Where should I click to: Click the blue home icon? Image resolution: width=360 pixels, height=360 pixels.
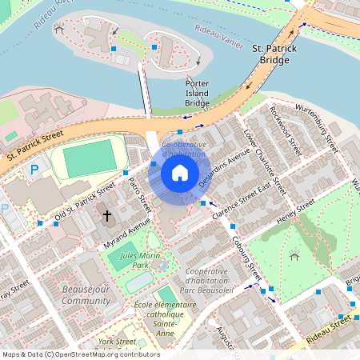click(x=180, y=173)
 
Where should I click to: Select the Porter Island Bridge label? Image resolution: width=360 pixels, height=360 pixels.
click(x=197, y=93)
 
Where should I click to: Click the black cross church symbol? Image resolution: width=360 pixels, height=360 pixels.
click(x=106, y=216)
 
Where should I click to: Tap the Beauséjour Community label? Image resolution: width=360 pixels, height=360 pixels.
click(x=86, y=294)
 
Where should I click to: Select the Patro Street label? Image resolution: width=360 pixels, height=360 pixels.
click(x=141, y=194)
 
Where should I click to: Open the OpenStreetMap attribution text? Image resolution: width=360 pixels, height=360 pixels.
click(x=80, y=354)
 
